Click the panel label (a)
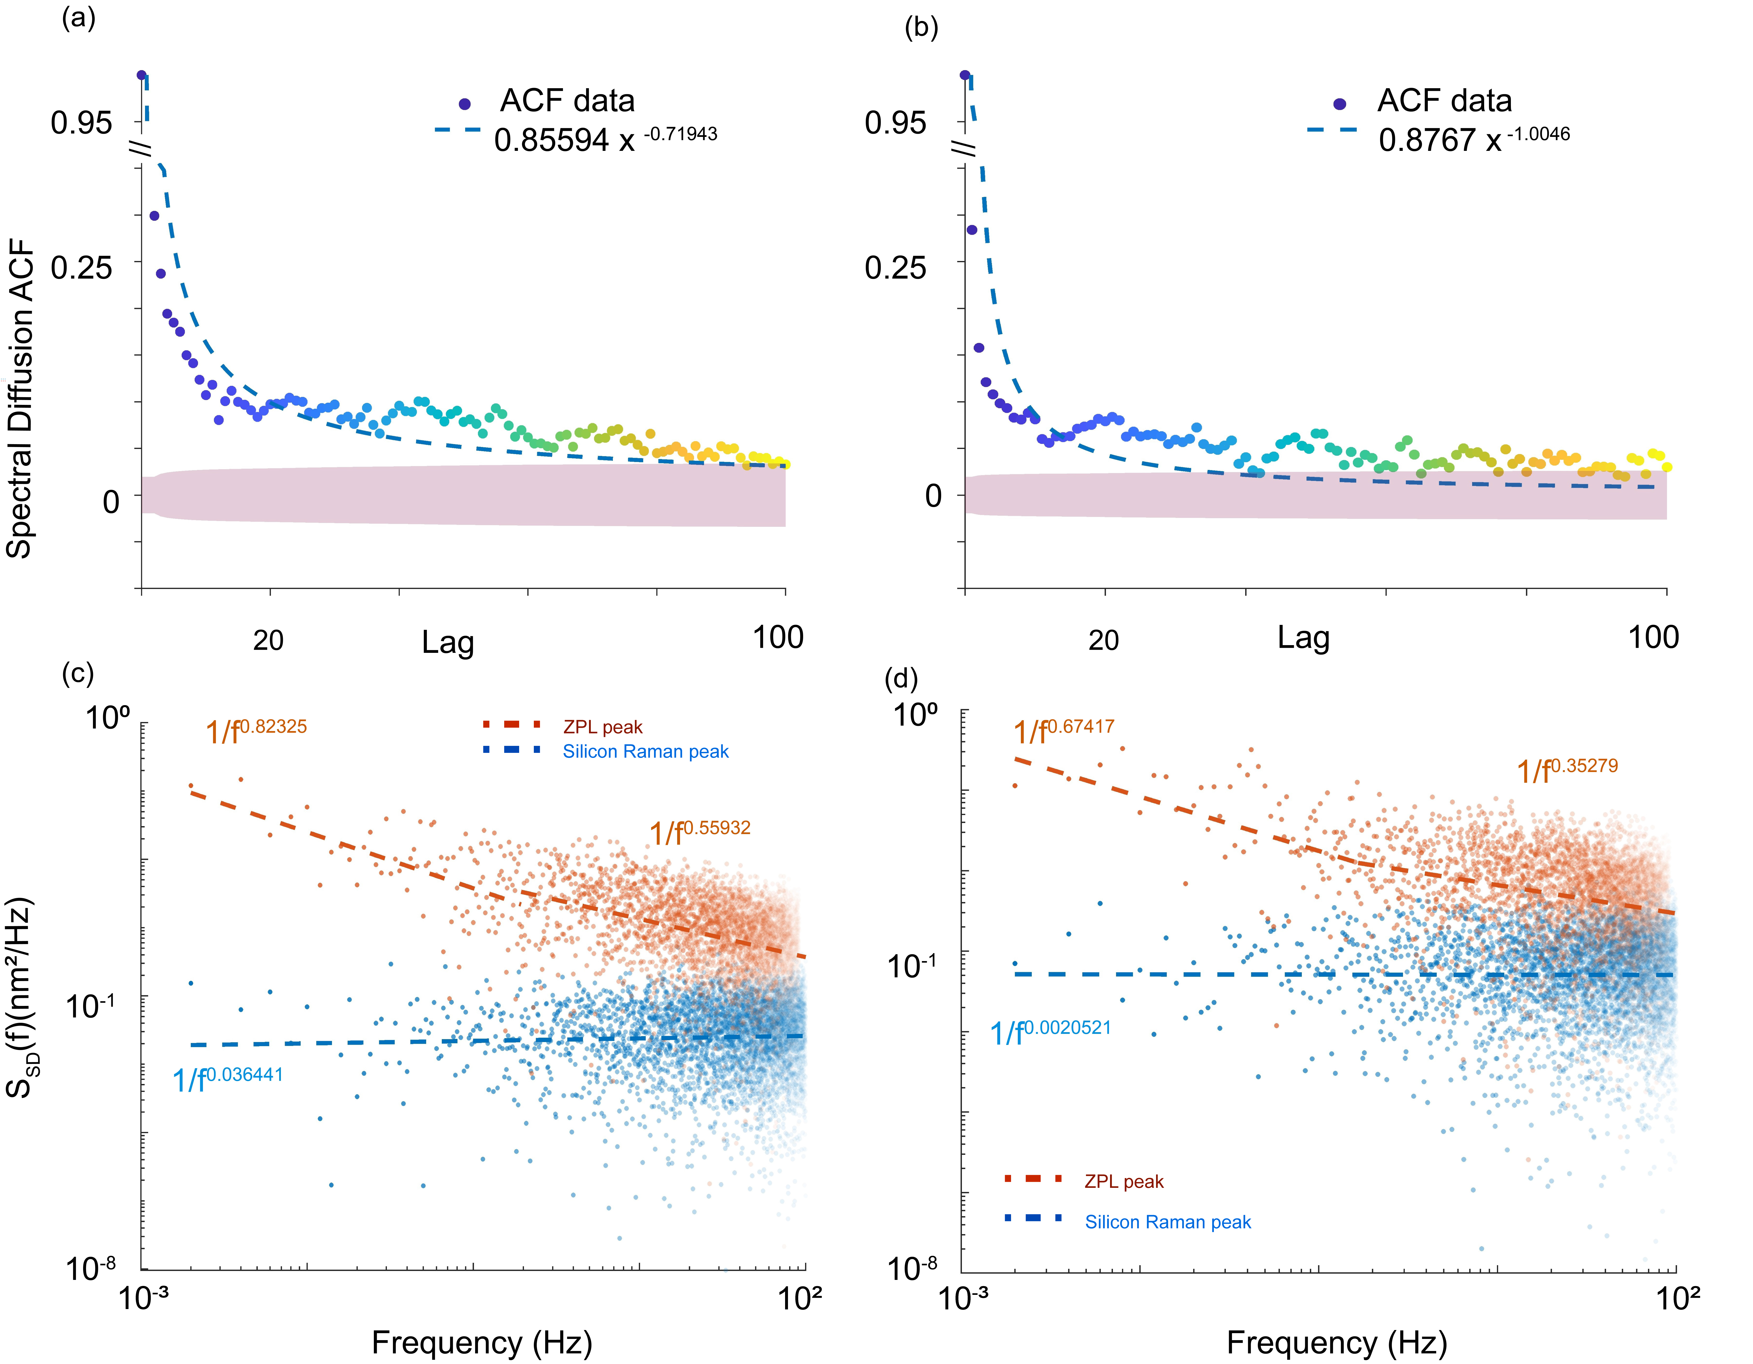coord(79,18)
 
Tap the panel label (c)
coord(78,673)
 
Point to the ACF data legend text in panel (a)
coord(568,101)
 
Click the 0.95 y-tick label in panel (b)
coord(895,123)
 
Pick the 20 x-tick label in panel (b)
coord(1104,640)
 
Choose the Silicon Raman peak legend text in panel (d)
coord(1168,1222)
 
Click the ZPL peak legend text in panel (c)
coord(603,727)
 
